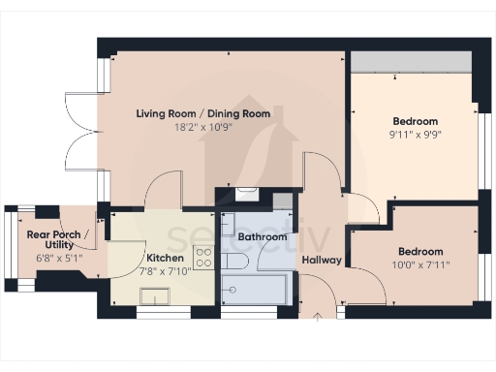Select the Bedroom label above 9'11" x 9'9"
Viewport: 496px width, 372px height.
click(416, 122)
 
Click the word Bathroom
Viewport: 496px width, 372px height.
click(263, 236)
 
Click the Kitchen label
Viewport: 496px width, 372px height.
click(166, 258)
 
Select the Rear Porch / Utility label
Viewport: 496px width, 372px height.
click(58, 241)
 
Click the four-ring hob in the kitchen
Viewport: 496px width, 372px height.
click(204, 257)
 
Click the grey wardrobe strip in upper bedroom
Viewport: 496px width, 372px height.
click(411, 61)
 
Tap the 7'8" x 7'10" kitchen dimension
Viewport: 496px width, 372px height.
click(166, 271)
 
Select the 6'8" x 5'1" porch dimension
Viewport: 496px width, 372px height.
click(58, 259)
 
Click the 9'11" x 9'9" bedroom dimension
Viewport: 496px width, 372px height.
click(416, 136)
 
